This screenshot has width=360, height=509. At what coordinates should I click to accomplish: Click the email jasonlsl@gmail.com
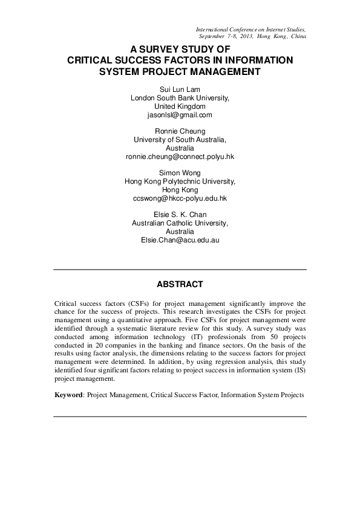[x=180, y=115]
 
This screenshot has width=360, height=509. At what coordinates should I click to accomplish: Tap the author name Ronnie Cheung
[x=180, y=131]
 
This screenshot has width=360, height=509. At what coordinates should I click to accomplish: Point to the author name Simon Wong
[x=180, y=172]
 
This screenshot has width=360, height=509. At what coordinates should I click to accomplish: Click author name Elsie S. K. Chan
[x=180, y=214]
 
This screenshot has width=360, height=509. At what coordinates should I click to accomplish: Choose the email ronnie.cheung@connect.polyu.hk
[x=180, y=156]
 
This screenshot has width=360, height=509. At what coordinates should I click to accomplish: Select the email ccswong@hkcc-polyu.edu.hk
[x=180, y=198]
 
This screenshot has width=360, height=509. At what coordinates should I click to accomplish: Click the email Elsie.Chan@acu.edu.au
[x=180, y=239]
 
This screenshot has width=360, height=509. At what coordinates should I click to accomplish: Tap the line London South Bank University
[x=180, y=98]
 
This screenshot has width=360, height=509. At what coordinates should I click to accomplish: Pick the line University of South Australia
[x=180, y=139]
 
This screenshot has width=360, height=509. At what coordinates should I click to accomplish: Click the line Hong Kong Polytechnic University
[x=180, y=181]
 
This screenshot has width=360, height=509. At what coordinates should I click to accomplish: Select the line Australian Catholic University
[x=180, y=222]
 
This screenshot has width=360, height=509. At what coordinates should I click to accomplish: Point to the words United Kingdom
[x=180, y=106]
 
